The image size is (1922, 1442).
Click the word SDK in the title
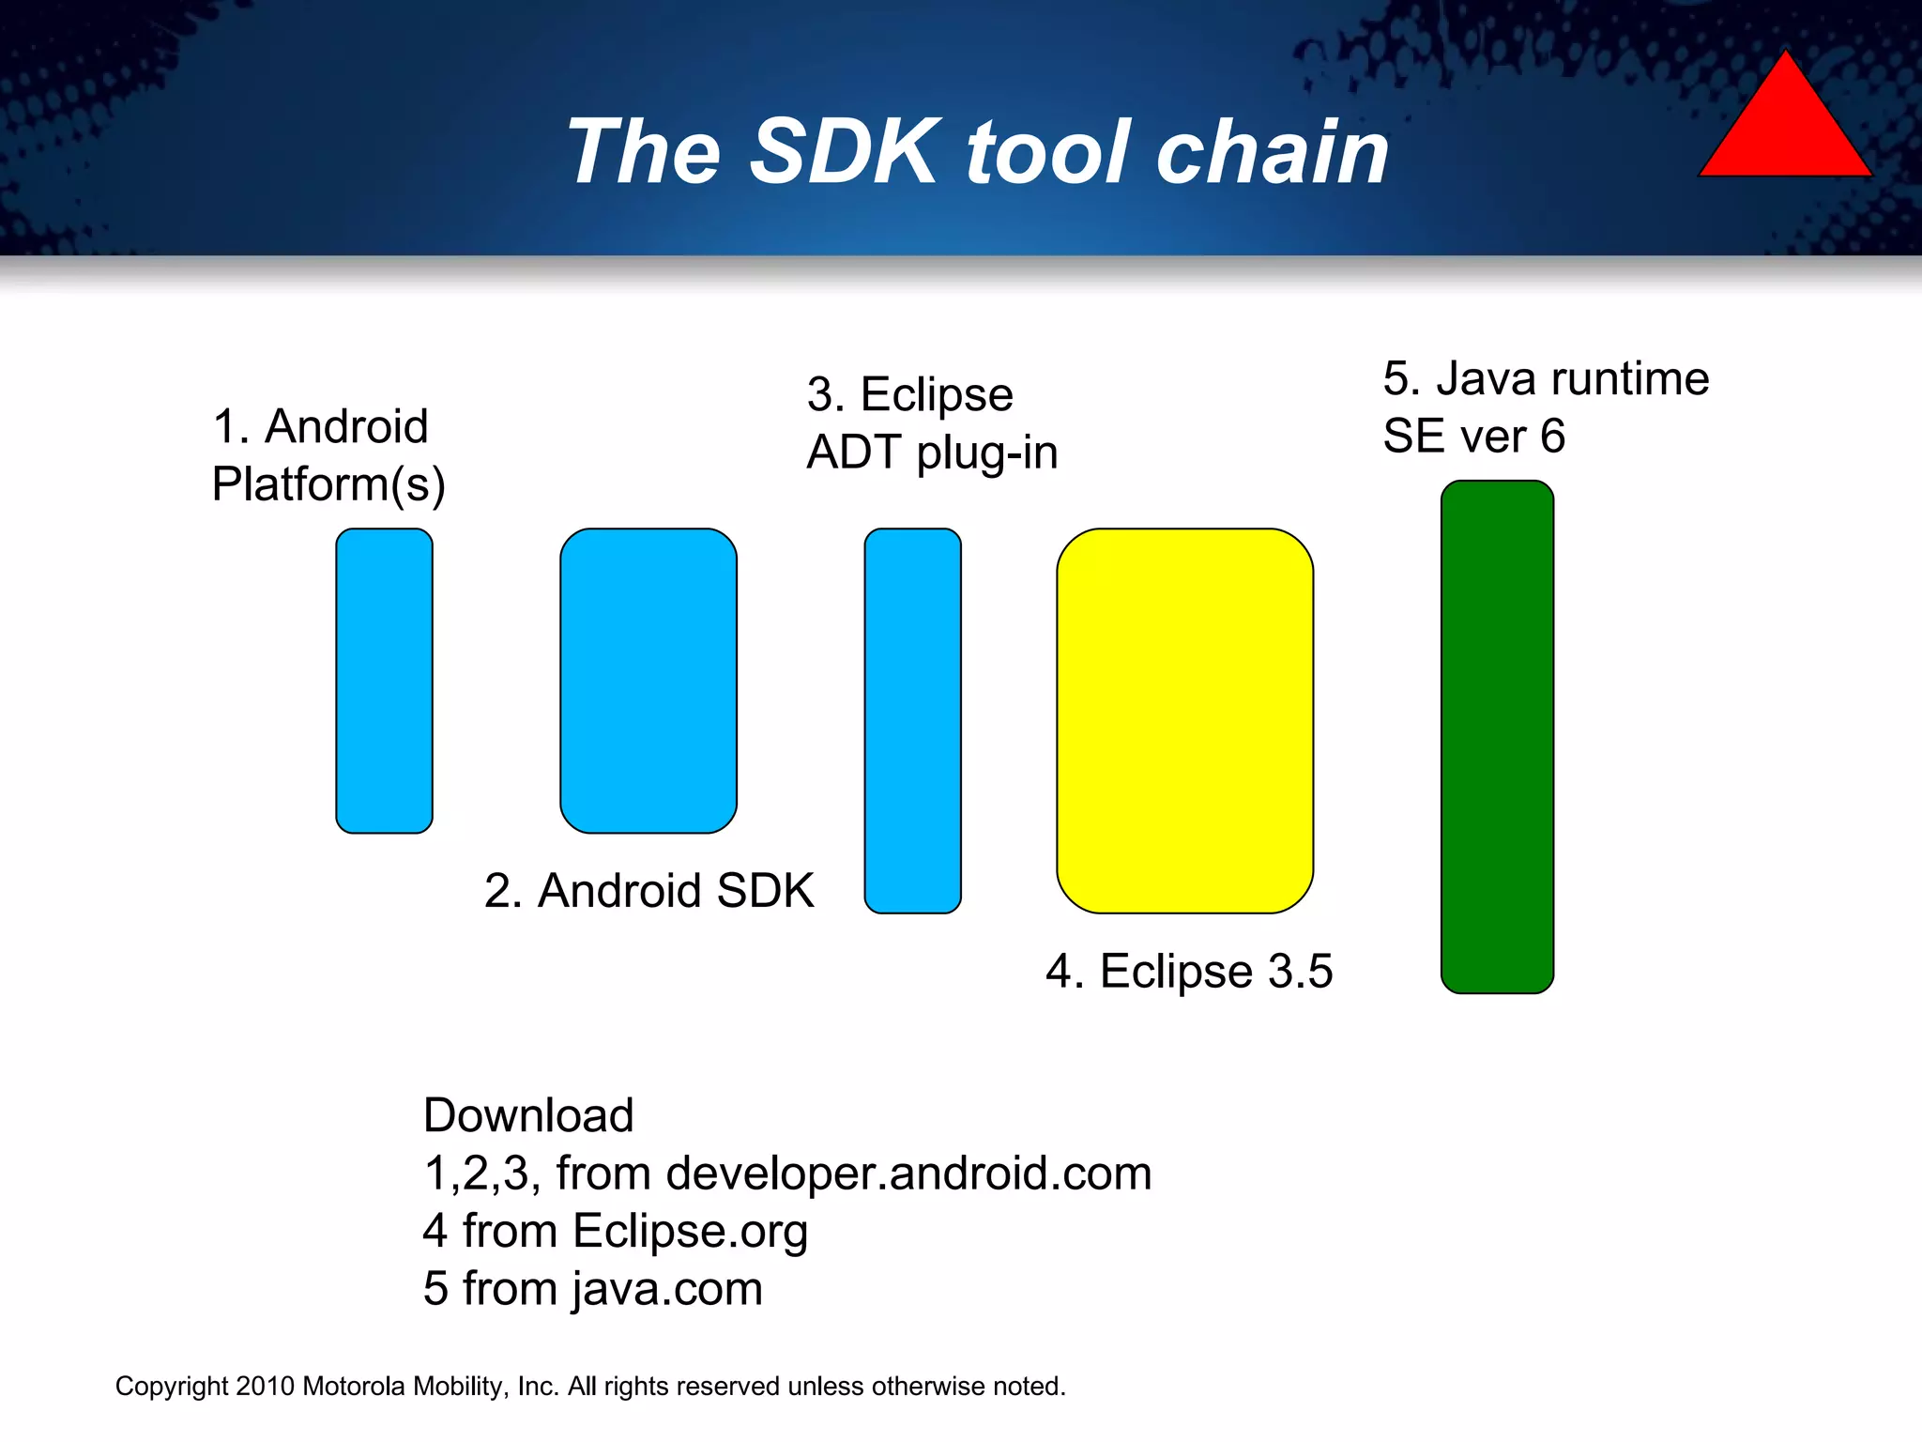coord(844,152)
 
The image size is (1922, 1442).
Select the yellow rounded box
coord(1184,720)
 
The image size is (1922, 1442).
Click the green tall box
coord(1497,737)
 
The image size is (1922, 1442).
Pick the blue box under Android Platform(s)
coord(384,681)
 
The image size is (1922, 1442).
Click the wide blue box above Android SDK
coord(648,681)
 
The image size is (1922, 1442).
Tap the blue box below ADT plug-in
coord(912,720)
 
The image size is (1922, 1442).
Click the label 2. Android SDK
coord(648,890)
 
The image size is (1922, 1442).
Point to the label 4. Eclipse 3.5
coord(1188,971)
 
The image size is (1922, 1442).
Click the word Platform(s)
coord(328,485)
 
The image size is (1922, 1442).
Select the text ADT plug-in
coord(932,453)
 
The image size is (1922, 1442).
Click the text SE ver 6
coord(1473,437)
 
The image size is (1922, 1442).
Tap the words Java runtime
coord(1573,379)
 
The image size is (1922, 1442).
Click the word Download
coord(528,1115)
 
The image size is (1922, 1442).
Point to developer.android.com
coord(908,1174)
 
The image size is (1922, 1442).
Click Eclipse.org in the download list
coord(690,1232)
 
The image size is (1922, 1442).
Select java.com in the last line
coord(667,1289)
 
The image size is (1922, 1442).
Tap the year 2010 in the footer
coord(265,1387)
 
